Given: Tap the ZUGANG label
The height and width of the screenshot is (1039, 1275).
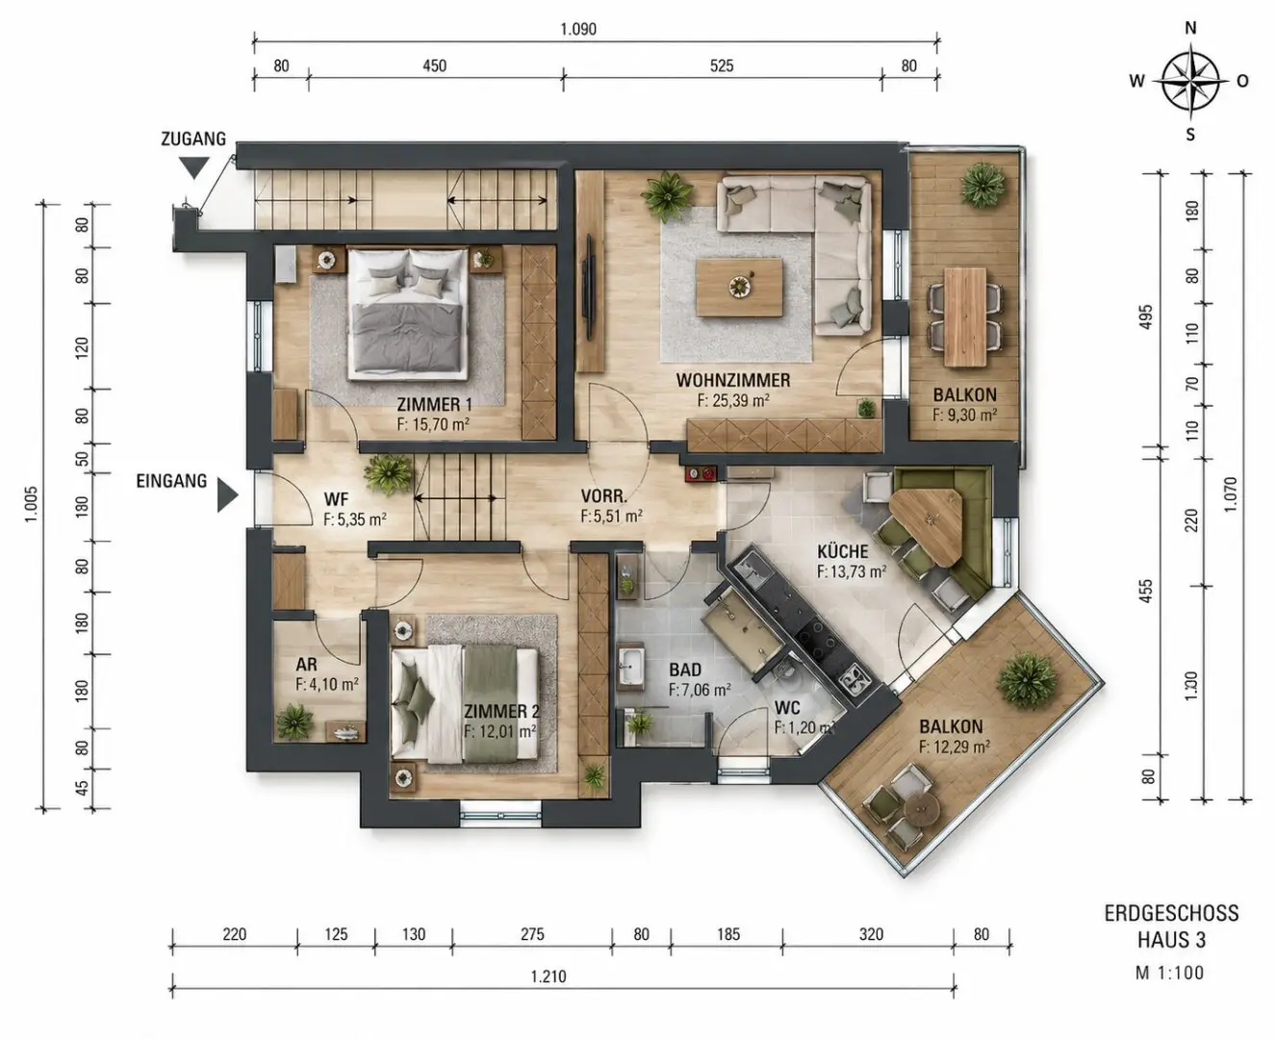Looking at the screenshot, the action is point(193,139).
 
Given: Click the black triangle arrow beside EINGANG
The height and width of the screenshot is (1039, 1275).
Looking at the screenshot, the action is point(227,494).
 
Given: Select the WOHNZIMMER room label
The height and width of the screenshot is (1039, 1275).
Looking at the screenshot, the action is point(732,380).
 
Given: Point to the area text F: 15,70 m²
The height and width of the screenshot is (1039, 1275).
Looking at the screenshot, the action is point(433,424).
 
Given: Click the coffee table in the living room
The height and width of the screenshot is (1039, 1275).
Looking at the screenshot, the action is point(739,288).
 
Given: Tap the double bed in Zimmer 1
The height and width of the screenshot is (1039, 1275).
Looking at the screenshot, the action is point(407,315).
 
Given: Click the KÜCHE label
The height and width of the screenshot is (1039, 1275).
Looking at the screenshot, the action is point(842,550).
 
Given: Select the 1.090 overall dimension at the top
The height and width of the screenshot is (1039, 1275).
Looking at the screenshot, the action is point(578,29).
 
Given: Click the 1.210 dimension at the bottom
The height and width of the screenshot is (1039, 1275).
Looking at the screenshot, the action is point(548,976).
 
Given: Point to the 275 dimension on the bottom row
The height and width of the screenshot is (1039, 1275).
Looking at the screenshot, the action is point(532,934).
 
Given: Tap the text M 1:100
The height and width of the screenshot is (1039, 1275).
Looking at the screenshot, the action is point(1170,973).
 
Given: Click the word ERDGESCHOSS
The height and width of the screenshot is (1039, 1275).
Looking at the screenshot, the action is point(1171,913).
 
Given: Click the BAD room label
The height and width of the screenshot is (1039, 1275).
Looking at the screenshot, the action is point(685,670).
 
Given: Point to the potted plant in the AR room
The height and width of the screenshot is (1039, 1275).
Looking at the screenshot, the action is point(294,722).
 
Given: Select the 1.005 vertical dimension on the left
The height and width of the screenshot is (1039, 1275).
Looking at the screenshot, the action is point(31,504).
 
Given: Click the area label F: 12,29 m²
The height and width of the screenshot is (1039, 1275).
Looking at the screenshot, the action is point(955,747).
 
